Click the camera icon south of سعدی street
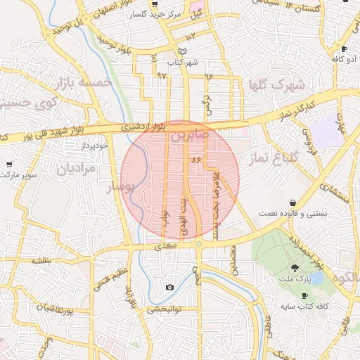(169, 287)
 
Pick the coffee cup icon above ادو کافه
(344, 49)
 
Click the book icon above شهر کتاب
(183, 51)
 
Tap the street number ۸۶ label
(196, 161)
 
